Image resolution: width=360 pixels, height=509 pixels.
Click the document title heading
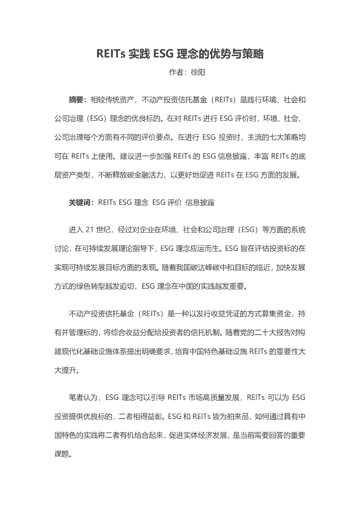click(180, 54)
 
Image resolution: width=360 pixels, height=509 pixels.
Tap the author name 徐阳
click(198, 73)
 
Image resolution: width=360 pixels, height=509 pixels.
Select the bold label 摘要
click(77, 100)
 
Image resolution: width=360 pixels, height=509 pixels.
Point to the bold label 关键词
click(80, 202)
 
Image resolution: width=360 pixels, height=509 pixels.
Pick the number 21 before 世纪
click(90, 230)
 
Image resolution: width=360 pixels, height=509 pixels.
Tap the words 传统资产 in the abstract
click(119, 100)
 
